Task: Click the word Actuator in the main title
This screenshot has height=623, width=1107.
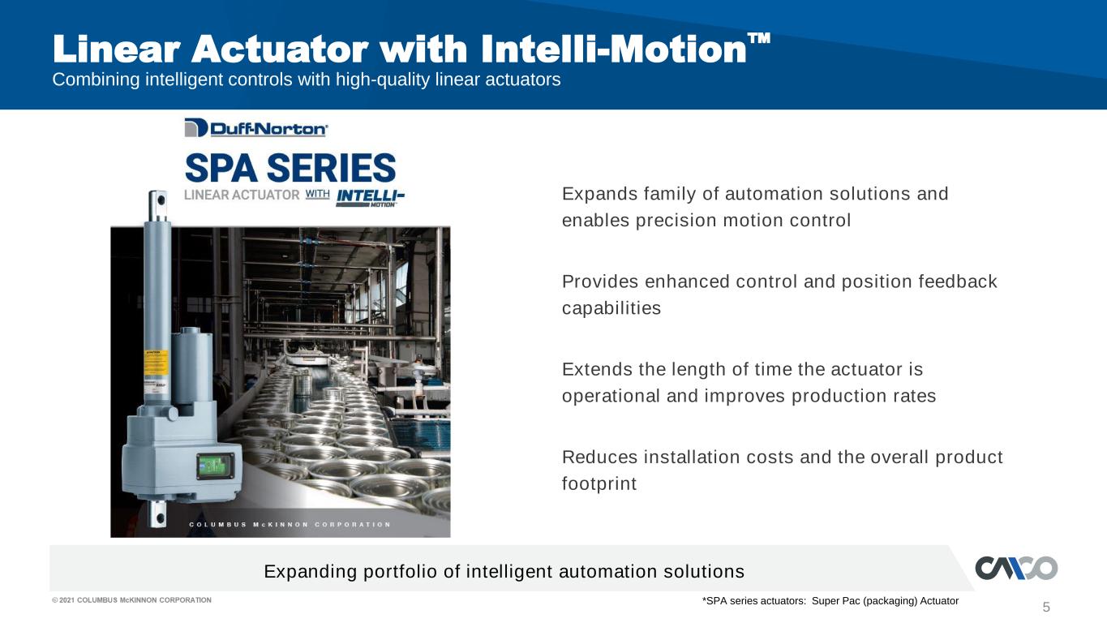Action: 280,49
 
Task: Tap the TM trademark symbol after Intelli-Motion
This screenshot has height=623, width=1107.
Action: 758,39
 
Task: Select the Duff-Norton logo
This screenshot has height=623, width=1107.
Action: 256,128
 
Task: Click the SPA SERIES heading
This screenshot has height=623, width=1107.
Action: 290,168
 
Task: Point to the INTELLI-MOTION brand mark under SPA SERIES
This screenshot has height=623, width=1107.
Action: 370,198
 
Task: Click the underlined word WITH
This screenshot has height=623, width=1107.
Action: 317,195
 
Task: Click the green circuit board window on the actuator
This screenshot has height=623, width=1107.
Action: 215,466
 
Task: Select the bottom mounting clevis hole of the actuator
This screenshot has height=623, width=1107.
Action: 159,518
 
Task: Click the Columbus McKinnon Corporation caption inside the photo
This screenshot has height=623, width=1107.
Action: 290,525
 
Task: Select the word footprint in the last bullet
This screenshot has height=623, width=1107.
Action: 599,483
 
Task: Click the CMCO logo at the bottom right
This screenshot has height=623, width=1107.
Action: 1016,568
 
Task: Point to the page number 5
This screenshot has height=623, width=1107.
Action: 1046,607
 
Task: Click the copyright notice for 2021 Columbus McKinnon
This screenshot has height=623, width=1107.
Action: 131,600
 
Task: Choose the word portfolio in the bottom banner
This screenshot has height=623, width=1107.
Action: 401,572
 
